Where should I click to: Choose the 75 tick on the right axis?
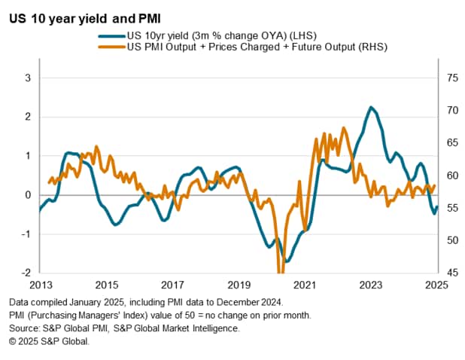click(448, 78)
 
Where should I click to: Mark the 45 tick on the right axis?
click(448, 273)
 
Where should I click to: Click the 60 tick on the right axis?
click(448, 175)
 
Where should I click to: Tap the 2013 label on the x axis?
click(40, 285)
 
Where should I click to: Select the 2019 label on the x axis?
click(239, 285)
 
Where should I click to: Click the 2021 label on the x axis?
click(305, 285)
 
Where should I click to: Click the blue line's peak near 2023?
click(371, 107)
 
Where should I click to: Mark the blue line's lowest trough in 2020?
click(286, 261)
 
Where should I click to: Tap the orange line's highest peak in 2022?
click(344, 128)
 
